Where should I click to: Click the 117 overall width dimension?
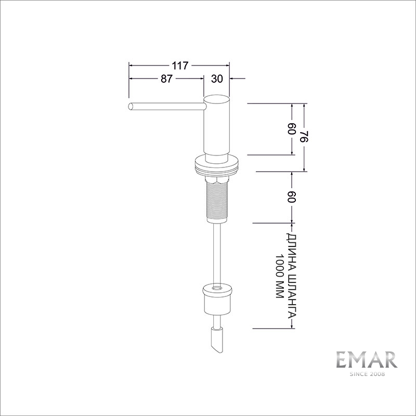point(179,66)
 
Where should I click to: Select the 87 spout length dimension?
point(166,79)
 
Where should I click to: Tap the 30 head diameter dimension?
point(217,79)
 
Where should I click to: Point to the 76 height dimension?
point(304,137)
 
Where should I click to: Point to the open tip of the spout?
point(130,107)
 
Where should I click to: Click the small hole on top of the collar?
point(216,287)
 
